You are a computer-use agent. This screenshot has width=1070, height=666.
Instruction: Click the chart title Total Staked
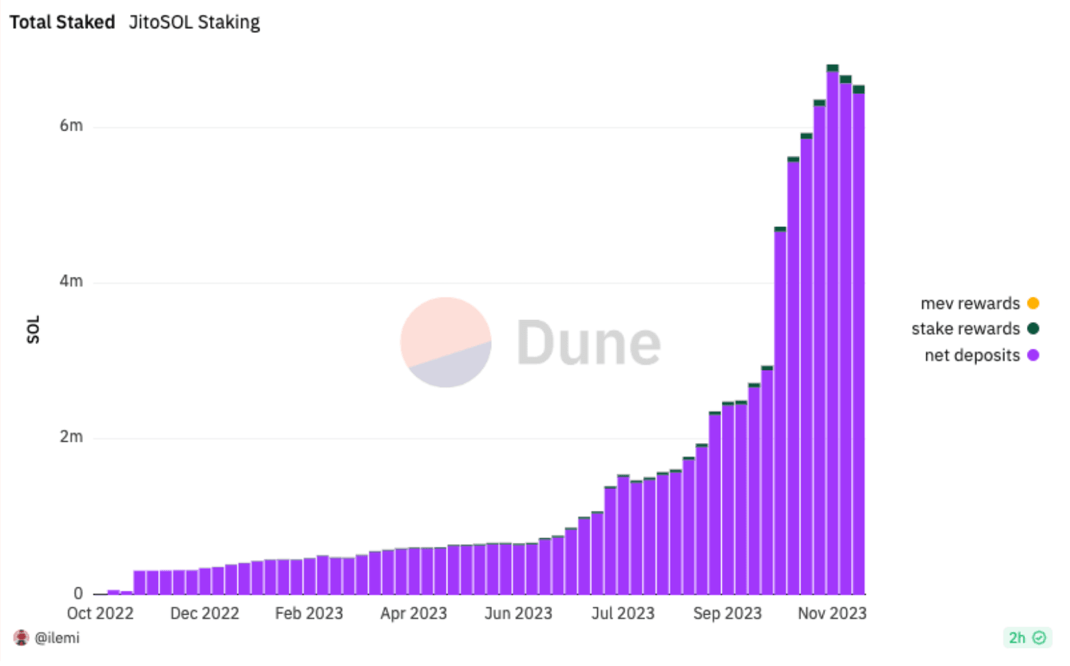tap(62, 23)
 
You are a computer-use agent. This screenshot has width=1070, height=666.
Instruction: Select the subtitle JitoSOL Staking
tap(194, 23)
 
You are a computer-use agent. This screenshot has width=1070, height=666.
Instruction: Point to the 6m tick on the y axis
tap(71, 126)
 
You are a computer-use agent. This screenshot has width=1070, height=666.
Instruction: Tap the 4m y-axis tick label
tap(71, 281)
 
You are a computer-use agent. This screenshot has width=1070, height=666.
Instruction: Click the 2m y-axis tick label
tap(71, 437)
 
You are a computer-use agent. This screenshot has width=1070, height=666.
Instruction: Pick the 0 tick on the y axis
tap(78, 594)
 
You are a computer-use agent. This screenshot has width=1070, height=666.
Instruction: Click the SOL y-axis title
tap(34, 330)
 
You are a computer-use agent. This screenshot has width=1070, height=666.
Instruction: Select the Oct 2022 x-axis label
tap(100, 613)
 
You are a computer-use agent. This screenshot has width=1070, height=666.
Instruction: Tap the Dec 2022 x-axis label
tap(205, 613)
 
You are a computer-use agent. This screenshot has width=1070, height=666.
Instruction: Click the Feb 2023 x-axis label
tap(309, 613)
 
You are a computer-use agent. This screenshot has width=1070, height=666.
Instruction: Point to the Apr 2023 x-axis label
tap(413, 613)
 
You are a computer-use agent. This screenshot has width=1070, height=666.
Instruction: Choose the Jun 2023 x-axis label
tap(518, 613)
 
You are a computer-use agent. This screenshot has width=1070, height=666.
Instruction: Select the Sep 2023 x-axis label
tap(727, 613)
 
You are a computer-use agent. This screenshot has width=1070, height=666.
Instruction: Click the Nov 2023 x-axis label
tap(831, 613)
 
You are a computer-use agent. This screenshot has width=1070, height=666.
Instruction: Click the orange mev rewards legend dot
tap(1033, 303)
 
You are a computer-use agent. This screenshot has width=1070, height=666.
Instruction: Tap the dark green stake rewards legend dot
tap(1033, 329)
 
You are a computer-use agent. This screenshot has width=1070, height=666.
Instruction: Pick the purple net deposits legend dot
tap(1033, 355)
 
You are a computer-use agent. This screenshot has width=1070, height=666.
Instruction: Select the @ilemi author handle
tap(57, 638)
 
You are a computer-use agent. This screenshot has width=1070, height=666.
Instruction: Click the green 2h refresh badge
tap(1027, 638)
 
